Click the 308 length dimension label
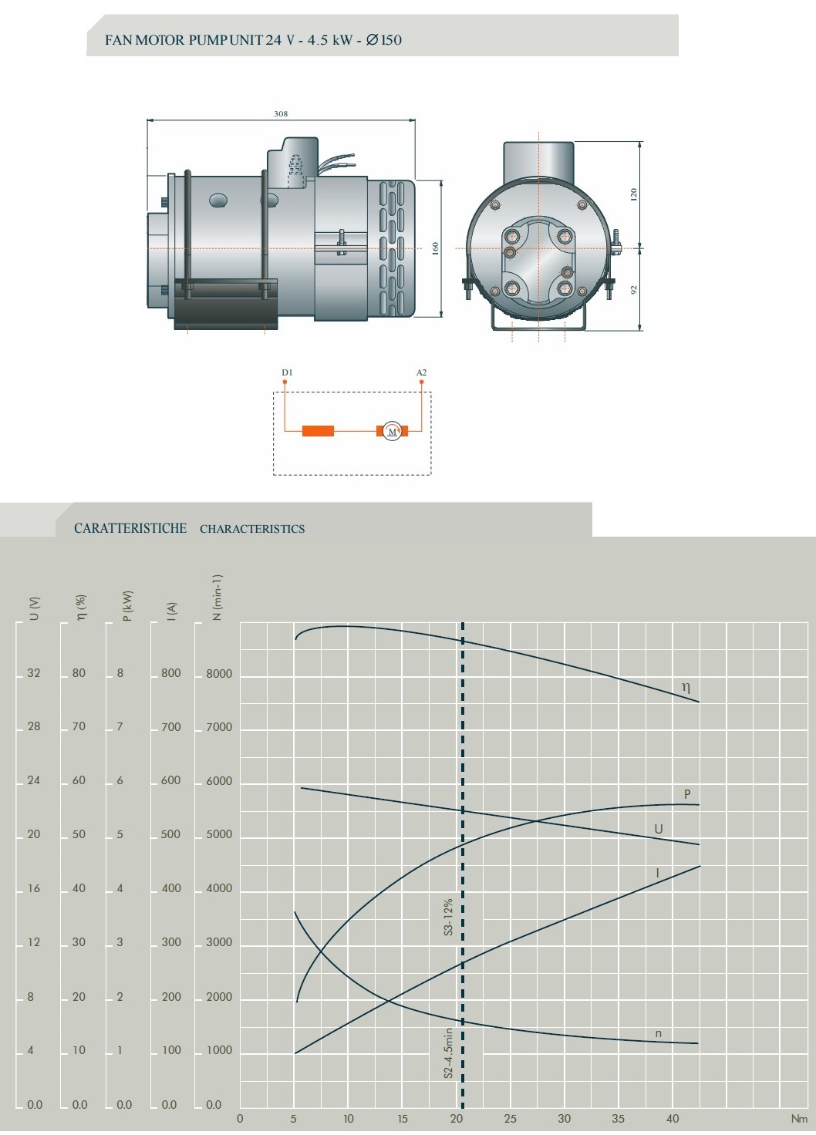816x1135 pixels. coord(281,114)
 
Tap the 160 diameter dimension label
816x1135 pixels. coord(435,249)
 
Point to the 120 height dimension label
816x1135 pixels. coord(633,194)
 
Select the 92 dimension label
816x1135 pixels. coord(633,290)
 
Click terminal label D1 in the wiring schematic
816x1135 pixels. coord(287,372)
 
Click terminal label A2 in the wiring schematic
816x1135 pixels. coord(422,372)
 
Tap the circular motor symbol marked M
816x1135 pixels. coord(393,431)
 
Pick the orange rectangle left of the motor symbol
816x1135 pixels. coord(318,431)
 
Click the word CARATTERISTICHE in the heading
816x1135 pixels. coord(130,528)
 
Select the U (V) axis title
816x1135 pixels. coord(34,608)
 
